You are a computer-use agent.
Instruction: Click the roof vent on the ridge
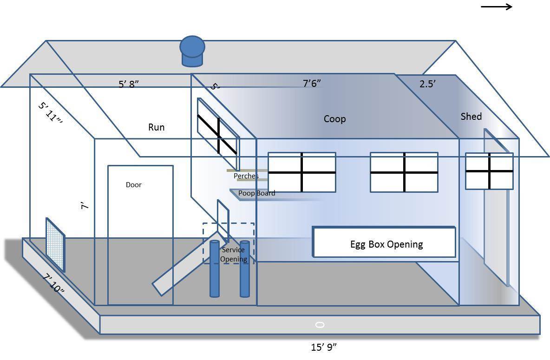[192, 51]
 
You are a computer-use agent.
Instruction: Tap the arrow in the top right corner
[496, 7]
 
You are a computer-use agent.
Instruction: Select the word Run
[156, 127]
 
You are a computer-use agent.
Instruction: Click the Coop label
[334, 119]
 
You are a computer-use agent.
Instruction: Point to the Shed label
[471, 117]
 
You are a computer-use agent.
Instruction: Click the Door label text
[134, 185]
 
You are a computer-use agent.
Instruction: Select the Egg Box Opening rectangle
[384, 242]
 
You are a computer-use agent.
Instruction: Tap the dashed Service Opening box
[229, 243]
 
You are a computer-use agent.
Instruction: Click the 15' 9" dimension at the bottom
[324, 347]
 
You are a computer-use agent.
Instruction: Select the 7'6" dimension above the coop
[312, 84]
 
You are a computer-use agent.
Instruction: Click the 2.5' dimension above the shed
[427, 84]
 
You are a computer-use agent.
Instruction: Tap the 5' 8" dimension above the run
[129, 84]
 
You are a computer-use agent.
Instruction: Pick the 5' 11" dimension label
[50, 112]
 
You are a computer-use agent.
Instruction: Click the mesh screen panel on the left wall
[55, 244]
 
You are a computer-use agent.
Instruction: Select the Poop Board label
[256, 193]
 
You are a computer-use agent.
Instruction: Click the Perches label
[246, 176]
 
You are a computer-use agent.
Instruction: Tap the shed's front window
[489, 171]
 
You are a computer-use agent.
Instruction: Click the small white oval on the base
[320, 325]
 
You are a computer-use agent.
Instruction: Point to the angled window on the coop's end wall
[217, 133]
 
